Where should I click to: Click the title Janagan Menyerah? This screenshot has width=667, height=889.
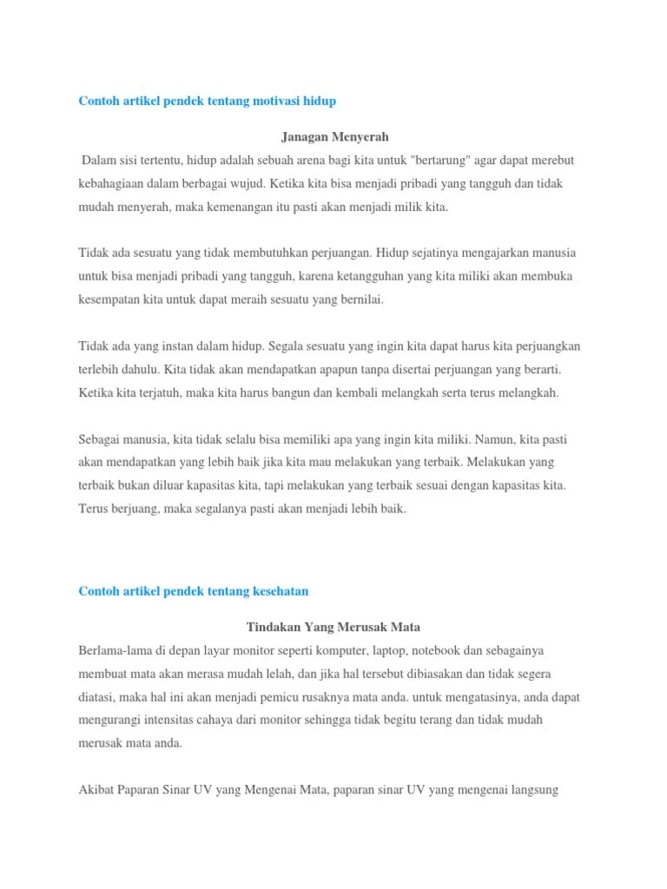335,136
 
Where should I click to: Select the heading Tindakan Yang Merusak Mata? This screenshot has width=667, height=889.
333,626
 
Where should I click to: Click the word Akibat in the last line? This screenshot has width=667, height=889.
96,790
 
